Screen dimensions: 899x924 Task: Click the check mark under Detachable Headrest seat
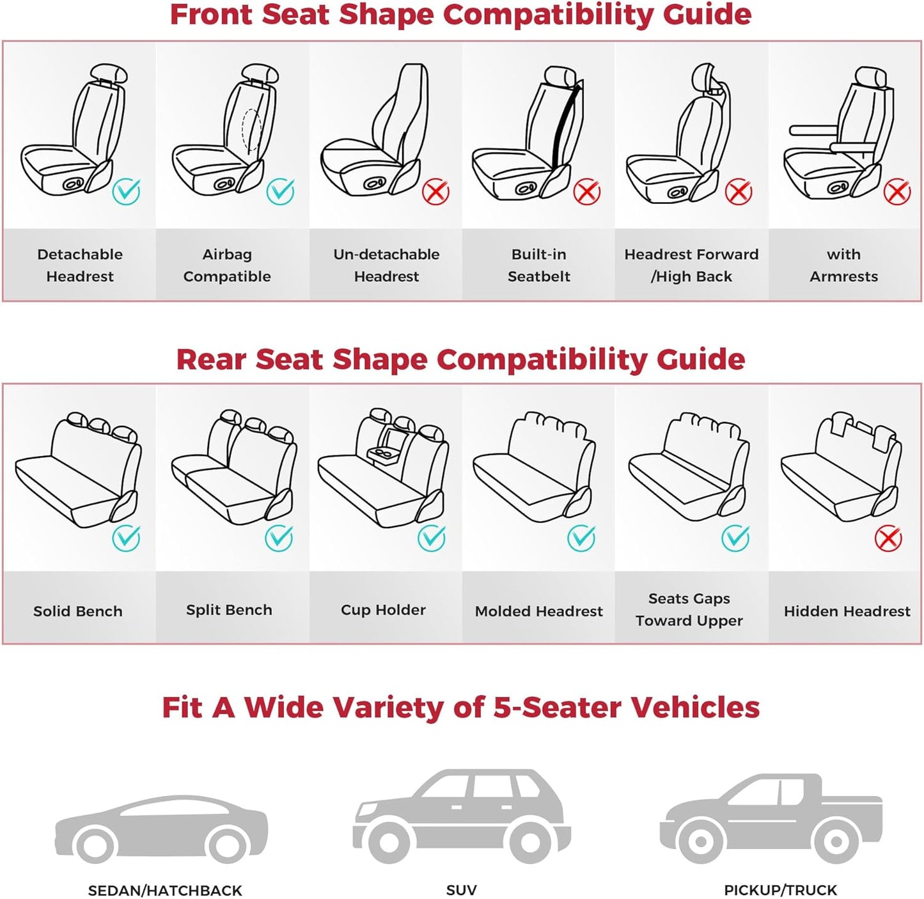coord(126,191)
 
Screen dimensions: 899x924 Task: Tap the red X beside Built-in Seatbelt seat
coord(586,192)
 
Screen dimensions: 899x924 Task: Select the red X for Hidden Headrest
coord(888,538)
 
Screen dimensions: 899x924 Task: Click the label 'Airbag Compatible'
coord(227,265)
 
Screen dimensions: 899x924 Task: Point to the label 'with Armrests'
coord(843,265)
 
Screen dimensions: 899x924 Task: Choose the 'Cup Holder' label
coord(383,610)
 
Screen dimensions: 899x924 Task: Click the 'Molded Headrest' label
coord(538,611)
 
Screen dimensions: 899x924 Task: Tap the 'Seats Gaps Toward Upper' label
coord(689,609)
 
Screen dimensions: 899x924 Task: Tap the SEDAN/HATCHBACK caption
coord(165,890)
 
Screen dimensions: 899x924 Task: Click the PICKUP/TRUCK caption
coord(780,890)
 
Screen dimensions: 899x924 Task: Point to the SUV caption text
coord(461,890)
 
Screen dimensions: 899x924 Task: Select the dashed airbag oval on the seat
coord(251,130)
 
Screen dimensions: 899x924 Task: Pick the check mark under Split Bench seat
coord(279,538)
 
